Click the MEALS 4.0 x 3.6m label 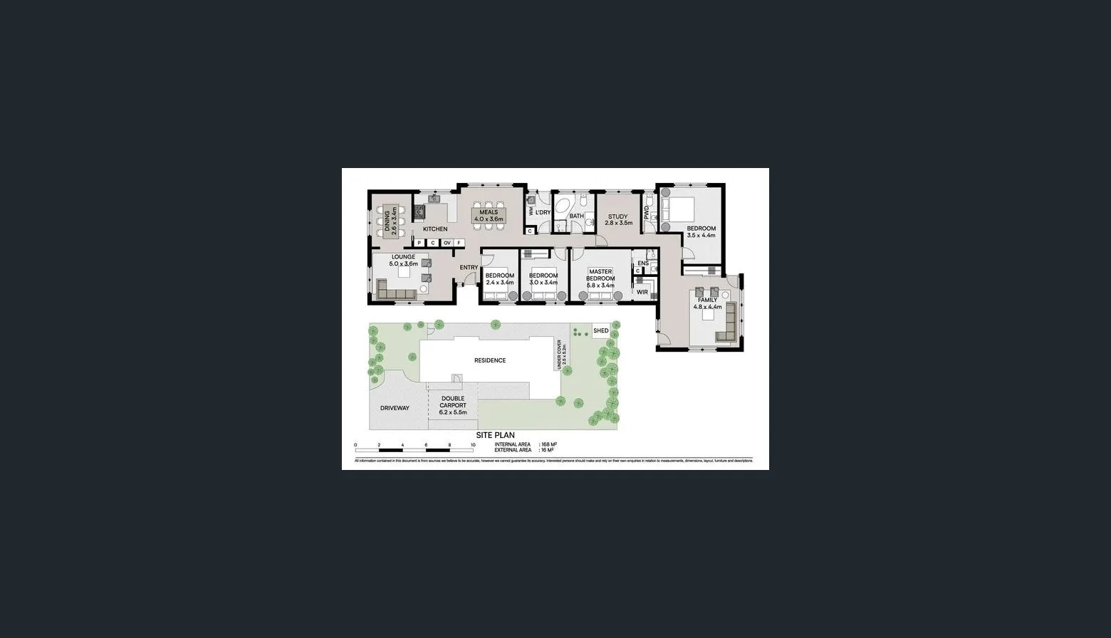tap(489, 216)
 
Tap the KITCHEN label tap(435, 229)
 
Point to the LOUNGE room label tap(403, 261)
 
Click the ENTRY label tap(469, 268)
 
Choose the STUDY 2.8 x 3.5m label tap(617, 220)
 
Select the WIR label tap(642, 292)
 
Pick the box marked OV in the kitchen tap(447, 243)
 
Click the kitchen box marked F tap(459, 243)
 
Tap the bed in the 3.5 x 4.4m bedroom tap(677, 211)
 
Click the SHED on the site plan tap(601, 331)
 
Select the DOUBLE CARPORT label tap(453, 405)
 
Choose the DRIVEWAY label tap(395, 408)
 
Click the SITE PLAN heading tap(495, 435)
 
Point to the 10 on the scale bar tap(473, 445)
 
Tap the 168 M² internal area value tap(548, 444)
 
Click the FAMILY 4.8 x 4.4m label tap(708, 303)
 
